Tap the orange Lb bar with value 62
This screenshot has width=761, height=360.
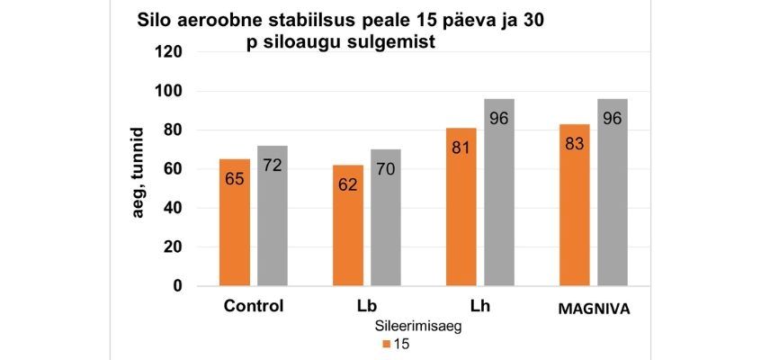347,225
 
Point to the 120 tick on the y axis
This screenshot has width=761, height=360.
170,52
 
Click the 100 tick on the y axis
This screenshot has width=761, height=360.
170,91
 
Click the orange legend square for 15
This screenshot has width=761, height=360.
385,345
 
